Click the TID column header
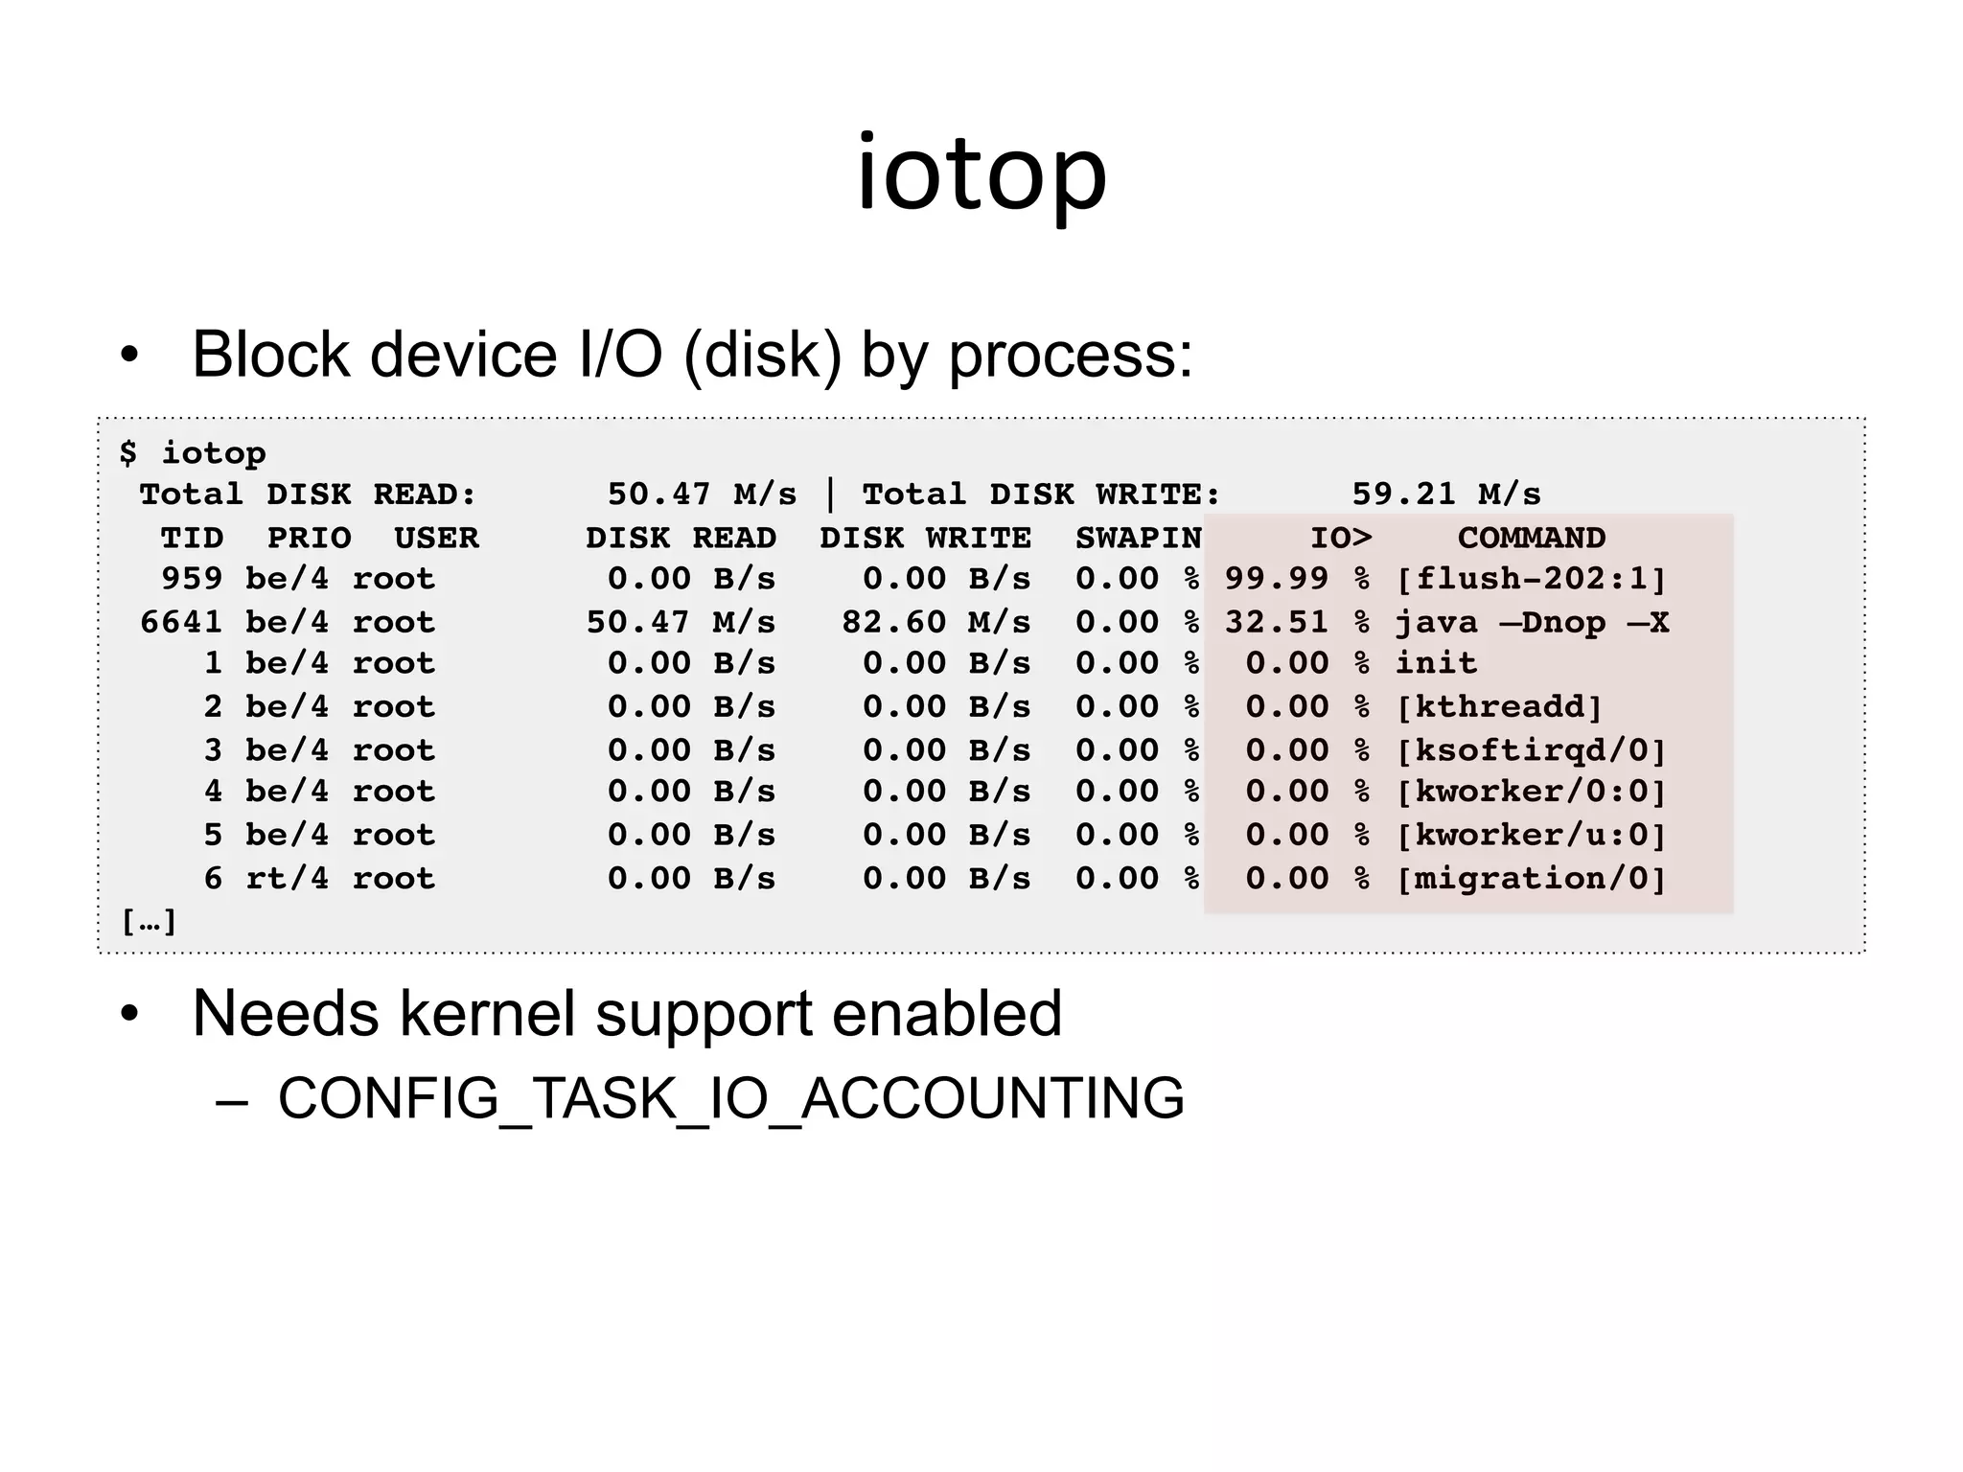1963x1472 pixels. click(192, 538)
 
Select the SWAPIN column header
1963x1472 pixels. click(1138, 538)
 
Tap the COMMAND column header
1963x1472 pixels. click(1531, 538)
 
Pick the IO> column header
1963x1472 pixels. click(1341, 538)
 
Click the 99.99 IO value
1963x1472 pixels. click(1277, 579)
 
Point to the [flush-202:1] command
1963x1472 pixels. click(1531, 579)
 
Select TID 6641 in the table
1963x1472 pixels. click(181, 622)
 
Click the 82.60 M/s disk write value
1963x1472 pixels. click(935, 622)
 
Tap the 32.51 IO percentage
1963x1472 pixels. click(1277, 622)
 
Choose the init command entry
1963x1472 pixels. click(1436, 663)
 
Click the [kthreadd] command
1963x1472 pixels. click(1499, 707)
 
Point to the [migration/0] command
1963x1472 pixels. click(1531, 878)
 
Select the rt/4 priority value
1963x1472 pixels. click(287, 878)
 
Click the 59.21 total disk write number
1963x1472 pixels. click(1403, 494)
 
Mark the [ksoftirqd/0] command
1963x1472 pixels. click(1531, 749)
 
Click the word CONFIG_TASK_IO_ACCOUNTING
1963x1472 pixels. click(730, 1098)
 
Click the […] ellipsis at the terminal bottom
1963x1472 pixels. click(149, 922)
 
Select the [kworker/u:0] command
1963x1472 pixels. click(1531, 835)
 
